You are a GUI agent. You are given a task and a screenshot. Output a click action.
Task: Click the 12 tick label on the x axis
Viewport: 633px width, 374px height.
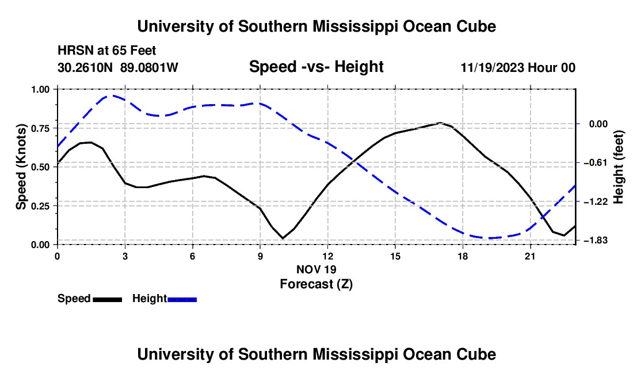pyautogui.click(x=328, y=257)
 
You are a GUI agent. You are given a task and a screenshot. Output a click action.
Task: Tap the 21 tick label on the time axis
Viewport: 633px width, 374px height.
pyautogui.click(x=530, y=257)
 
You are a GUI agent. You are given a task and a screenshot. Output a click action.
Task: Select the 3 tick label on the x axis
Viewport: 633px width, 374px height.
pyautogui.click(x=125, y=257)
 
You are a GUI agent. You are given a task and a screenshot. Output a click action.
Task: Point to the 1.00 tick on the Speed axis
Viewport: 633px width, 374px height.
pyautogui.click(x=40, y=90)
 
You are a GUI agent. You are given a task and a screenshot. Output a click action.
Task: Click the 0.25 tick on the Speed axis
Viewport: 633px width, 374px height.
pyautogui.click(x=40, y=206)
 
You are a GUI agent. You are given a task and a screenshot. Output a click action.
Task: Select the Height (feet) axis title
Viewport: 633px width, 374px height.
pyautogui.click(x=619, y=167)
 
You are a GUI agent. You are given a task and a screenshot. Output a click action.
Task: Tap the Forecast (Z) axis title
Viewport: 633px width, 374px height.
pyautogui.click(x=316, y=284)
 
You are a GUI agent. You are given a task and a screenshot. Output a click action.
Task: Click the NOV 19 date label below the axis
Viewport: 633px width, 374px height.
pyautogui.click(x=316, y=269)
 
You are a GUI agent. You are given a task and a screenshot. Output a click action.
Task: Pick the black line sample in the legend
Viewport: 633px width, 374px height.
pyautogui.click(x=108, y=300)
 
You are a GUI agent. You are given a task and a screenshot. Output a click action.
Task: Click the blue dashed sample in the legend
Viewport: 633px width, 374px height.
pyautogui.click(x=182, y=300)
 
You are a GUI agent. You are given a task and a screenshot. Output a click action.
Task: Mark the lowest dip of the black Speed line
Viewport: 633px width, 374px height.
pyautogui.click(x=283, y=238)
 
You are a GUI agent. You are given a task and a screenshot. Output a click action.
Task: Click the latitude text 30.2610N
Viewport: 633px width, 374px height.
pyautogui.click(x=85, y=67)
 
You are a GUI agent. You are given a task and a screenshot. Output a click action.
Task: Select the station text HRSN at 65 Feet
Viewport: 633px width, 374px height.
pyautogui.click(x=106, y=51)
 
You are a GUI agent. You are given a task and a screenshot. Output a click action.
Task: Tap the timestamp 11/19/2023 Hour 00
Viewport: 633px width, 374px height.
pyautogui.click(x=518, y=67)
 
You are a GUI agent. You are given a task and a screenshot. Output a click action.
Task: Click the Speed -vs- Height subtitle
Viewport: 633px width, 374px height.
pyautogui.click(x=316, y=67)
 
